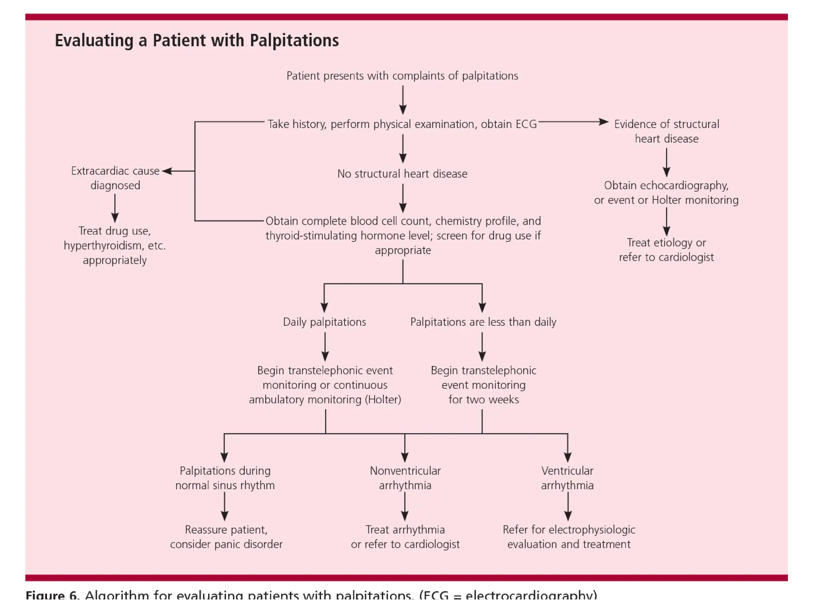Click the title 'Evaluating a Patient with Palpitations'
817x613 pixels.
click(197, 41)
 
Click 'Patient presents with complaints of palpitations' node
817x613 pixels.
click(402, 76)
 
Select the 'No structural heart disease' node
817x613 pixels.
click(402, 174)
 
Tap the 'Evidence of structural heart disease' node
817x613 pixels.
click(666, 131)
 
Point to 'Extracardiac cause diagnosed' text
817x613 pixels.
click(115, 178)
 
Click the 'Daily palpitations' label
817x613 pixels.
click(324, 322)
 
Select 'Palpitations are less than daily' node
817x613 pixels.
click(483, 322)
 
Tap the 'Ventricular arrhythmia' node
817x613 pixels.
click(567, 478)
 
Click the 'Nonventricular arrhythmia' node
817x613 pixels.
click(405, 478)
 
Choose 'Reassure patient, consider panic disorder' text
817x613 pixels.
click(226, 537)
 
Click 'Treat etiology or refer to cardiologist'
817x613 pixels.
click(666, 250)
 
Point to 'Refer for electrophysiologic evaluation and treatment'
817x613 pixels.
click(568, 537)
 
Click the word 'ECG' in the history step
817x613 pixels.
click(526, 125)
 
